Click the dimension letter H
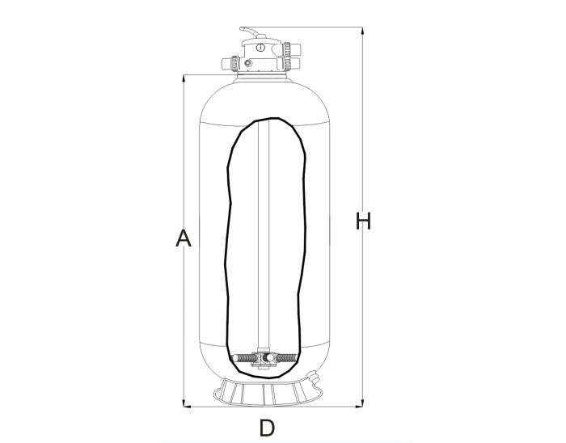click(x=363, y=221)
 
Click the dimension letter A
click(x=184, y=238)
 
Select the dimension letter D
click(x=267, y=428)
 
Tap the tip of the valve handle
click(x=241, y=28)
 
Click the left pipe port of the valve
click(x=226, y=64)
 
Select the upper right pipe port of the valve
click(x=296, y=49)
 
